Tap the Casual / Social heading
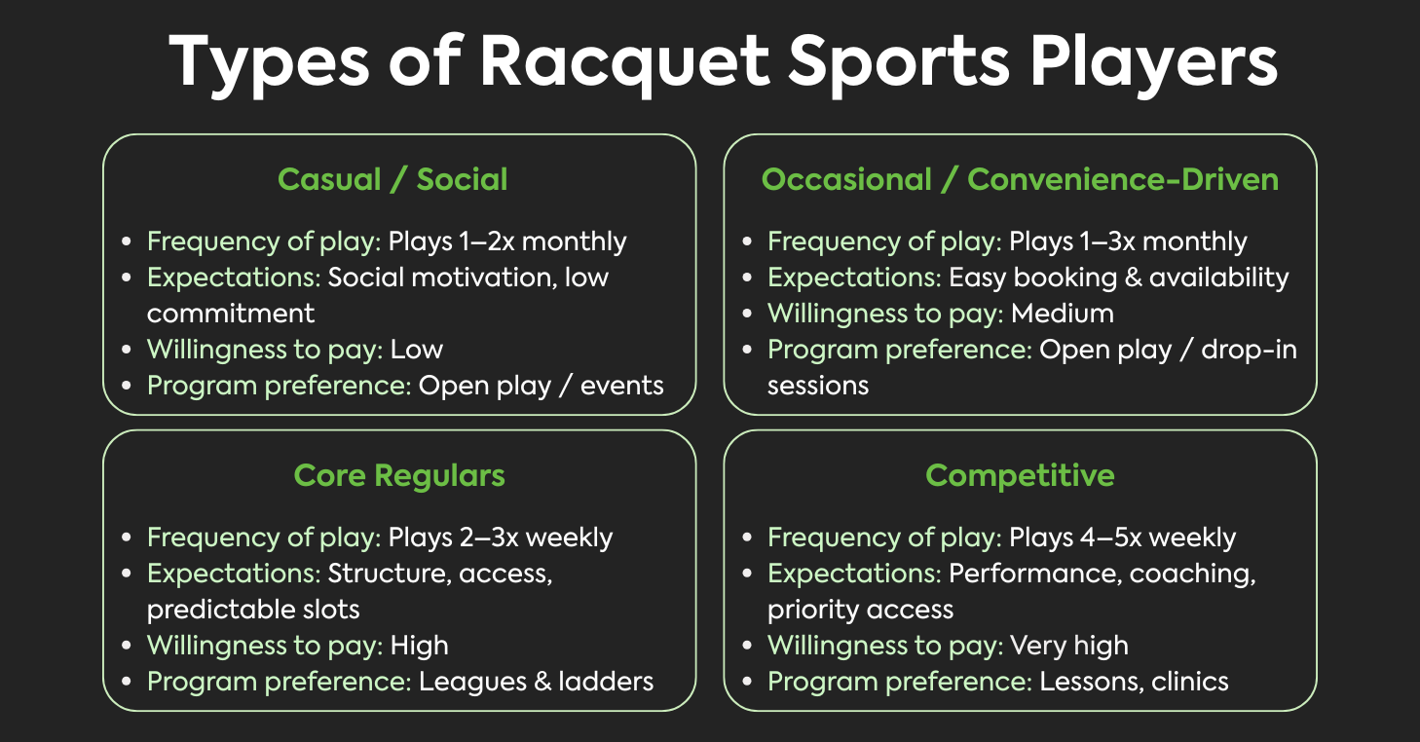click(x=392, y=179)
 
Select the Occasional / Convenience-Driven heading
click(x=1020, y=179)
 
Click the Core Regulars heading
click(x=399, y=475)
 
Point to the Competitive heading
click(x=1020, y=475)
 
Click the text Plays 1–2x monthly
click(x=507, y=241)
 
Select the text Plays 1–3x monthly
click(x=1128, y=241)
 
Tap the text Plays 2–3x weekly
click(x=501, y=538)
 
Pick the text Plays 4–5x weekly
click(x=1122, y=538)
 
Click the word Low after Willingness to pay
click(x=417, y=350)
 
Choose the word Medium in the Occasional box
click(x=1063, y=314)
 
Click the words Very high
click(x=1069, y=646)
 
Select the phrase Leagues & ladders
click(x=537, y=682)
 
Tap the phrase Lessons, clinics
click(x=1135, y=682)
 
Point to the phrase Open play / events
click(x=542, y=386)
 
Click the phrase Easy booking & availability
click(x=1119, y=278)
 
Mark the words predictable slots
click(x=253, y=610)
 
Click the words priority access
click(x=860, y=610)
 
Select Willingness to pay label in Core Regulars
click(x=264, y=646)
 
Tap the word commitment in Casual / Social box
click(x=231, y=314)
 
